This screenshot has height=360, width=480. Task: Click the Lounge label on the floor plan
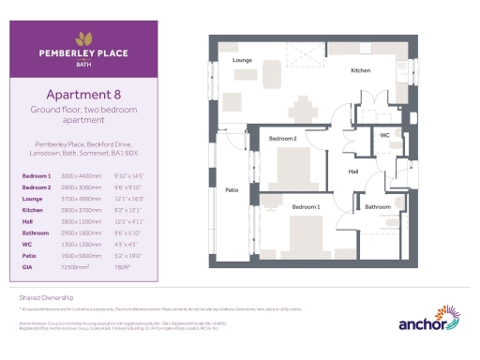[x=243, y=59]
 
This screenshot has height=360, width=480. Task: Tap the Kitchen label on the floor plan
[x=361, y=70]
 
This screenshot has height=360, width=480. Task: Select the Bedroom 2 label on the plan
[x=283, y=139]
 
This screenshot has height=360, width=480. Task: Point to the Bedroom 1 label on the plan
[x=306, y=206]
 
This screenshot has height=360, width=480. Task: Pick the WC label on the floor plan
[x=384, y=136]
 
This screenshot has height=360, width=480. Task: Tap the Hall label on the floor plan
[x=353, y=172]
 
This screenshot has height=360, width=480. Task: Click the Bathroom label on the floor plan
[x=378, y=206]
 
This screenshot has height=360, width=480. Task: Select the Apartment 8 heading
[x=84, y=94]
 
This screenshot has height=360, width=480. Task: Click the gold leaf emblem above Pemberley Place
[x=84, y=38]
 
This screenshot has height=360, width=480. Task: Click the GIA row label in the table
[x=28, y=266]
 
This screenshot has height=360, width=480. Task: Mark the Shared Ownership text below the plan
[x=38, y=294]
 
